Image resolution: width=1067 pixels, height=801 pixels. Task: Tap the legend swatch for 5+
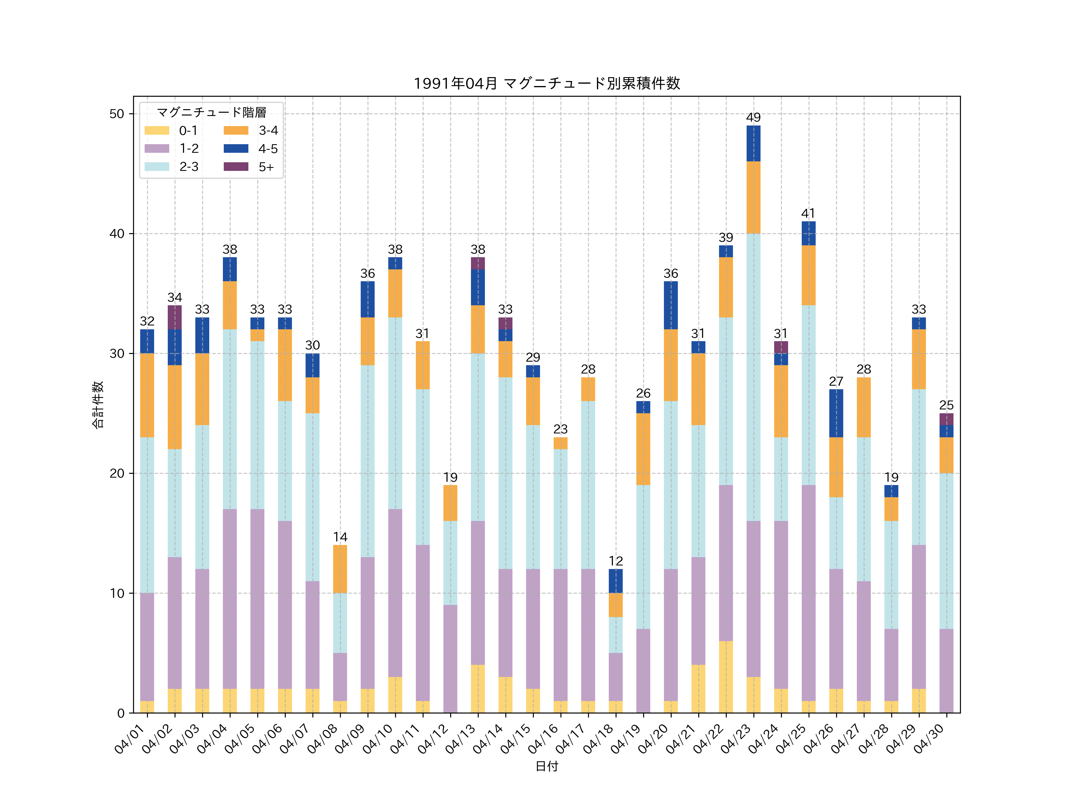pyautogui.click(x=236, y=166)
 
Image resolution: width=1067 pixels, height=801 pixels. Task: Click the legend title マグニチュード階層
pyautogui.click(x=211, y=112)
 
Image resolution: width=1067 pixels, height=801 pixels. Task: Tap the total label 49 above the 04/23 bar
pyautogui.click(x=753, y=117)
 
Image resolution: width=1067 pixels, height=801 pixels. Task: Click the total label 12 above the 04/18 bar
pyautogui.click(x=616, y=561)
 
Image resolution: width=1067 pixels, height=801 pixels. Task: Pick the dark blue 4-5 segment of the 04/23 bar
pyautogui.click(x=753, y=143)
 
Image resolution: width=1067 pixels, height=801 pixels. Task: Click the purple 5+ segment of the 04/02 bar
pyautogui.click(x=175, y=317)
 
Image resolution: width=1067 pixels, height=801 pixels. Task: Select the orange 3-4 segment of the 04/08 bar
pyautogui.click(x=340, y=569)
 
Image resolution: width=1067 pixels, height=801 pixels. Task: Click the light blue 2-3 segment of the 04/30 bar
pyautogui.click(x=946, y=551)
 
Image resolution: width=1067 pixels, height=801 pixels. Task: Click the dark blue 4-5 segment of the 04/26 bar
pyautogui.click(x=836, y=413)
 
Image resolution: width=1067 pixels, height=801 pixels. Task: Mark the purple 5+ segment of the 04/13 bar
pyautogui.click(x=477, y=263)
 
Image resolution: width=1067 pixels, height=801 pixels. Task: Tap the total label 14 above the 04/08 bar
pyautogui.click(x=340, y=537)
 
